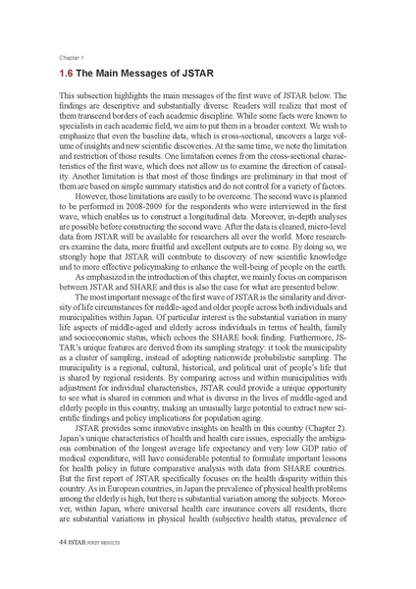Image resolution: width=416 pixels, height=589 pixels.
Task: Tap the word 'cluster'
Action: pos(93,311)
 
